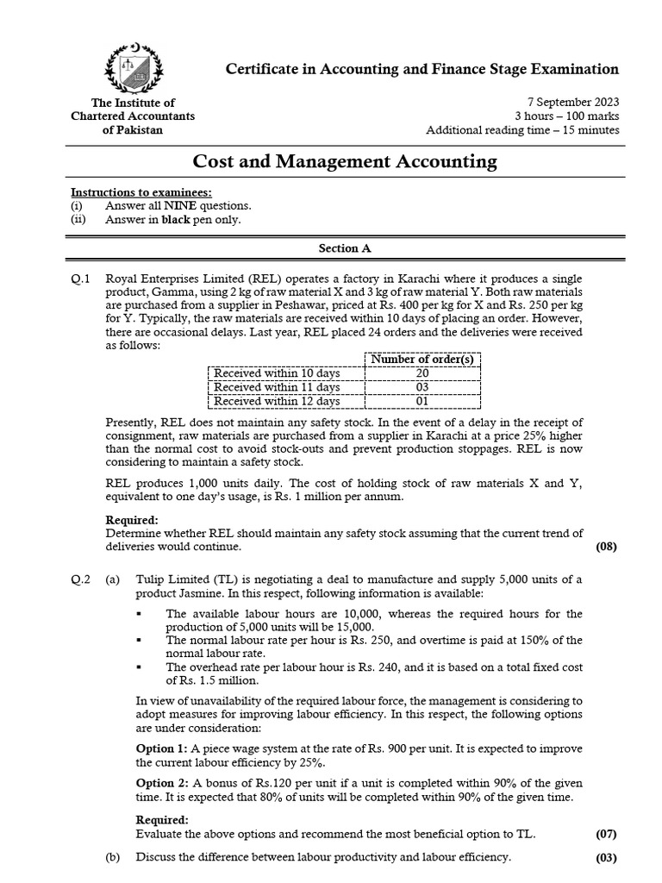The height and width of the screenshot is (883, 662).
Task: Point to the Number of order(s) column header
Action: (422, 359)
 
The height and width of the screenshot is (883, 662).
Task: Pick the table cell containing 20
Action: (422, 373)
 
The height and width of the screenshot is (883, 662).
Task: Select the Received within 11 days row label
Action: (277, 387)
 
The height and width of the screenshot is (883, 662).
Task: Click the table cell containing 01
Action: (422, 401)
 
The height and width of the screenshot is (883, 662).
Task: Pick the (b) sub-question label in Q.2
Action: (112, 857)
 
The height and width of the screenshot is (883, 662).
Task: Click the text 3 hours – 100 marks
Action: (566, 116)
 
